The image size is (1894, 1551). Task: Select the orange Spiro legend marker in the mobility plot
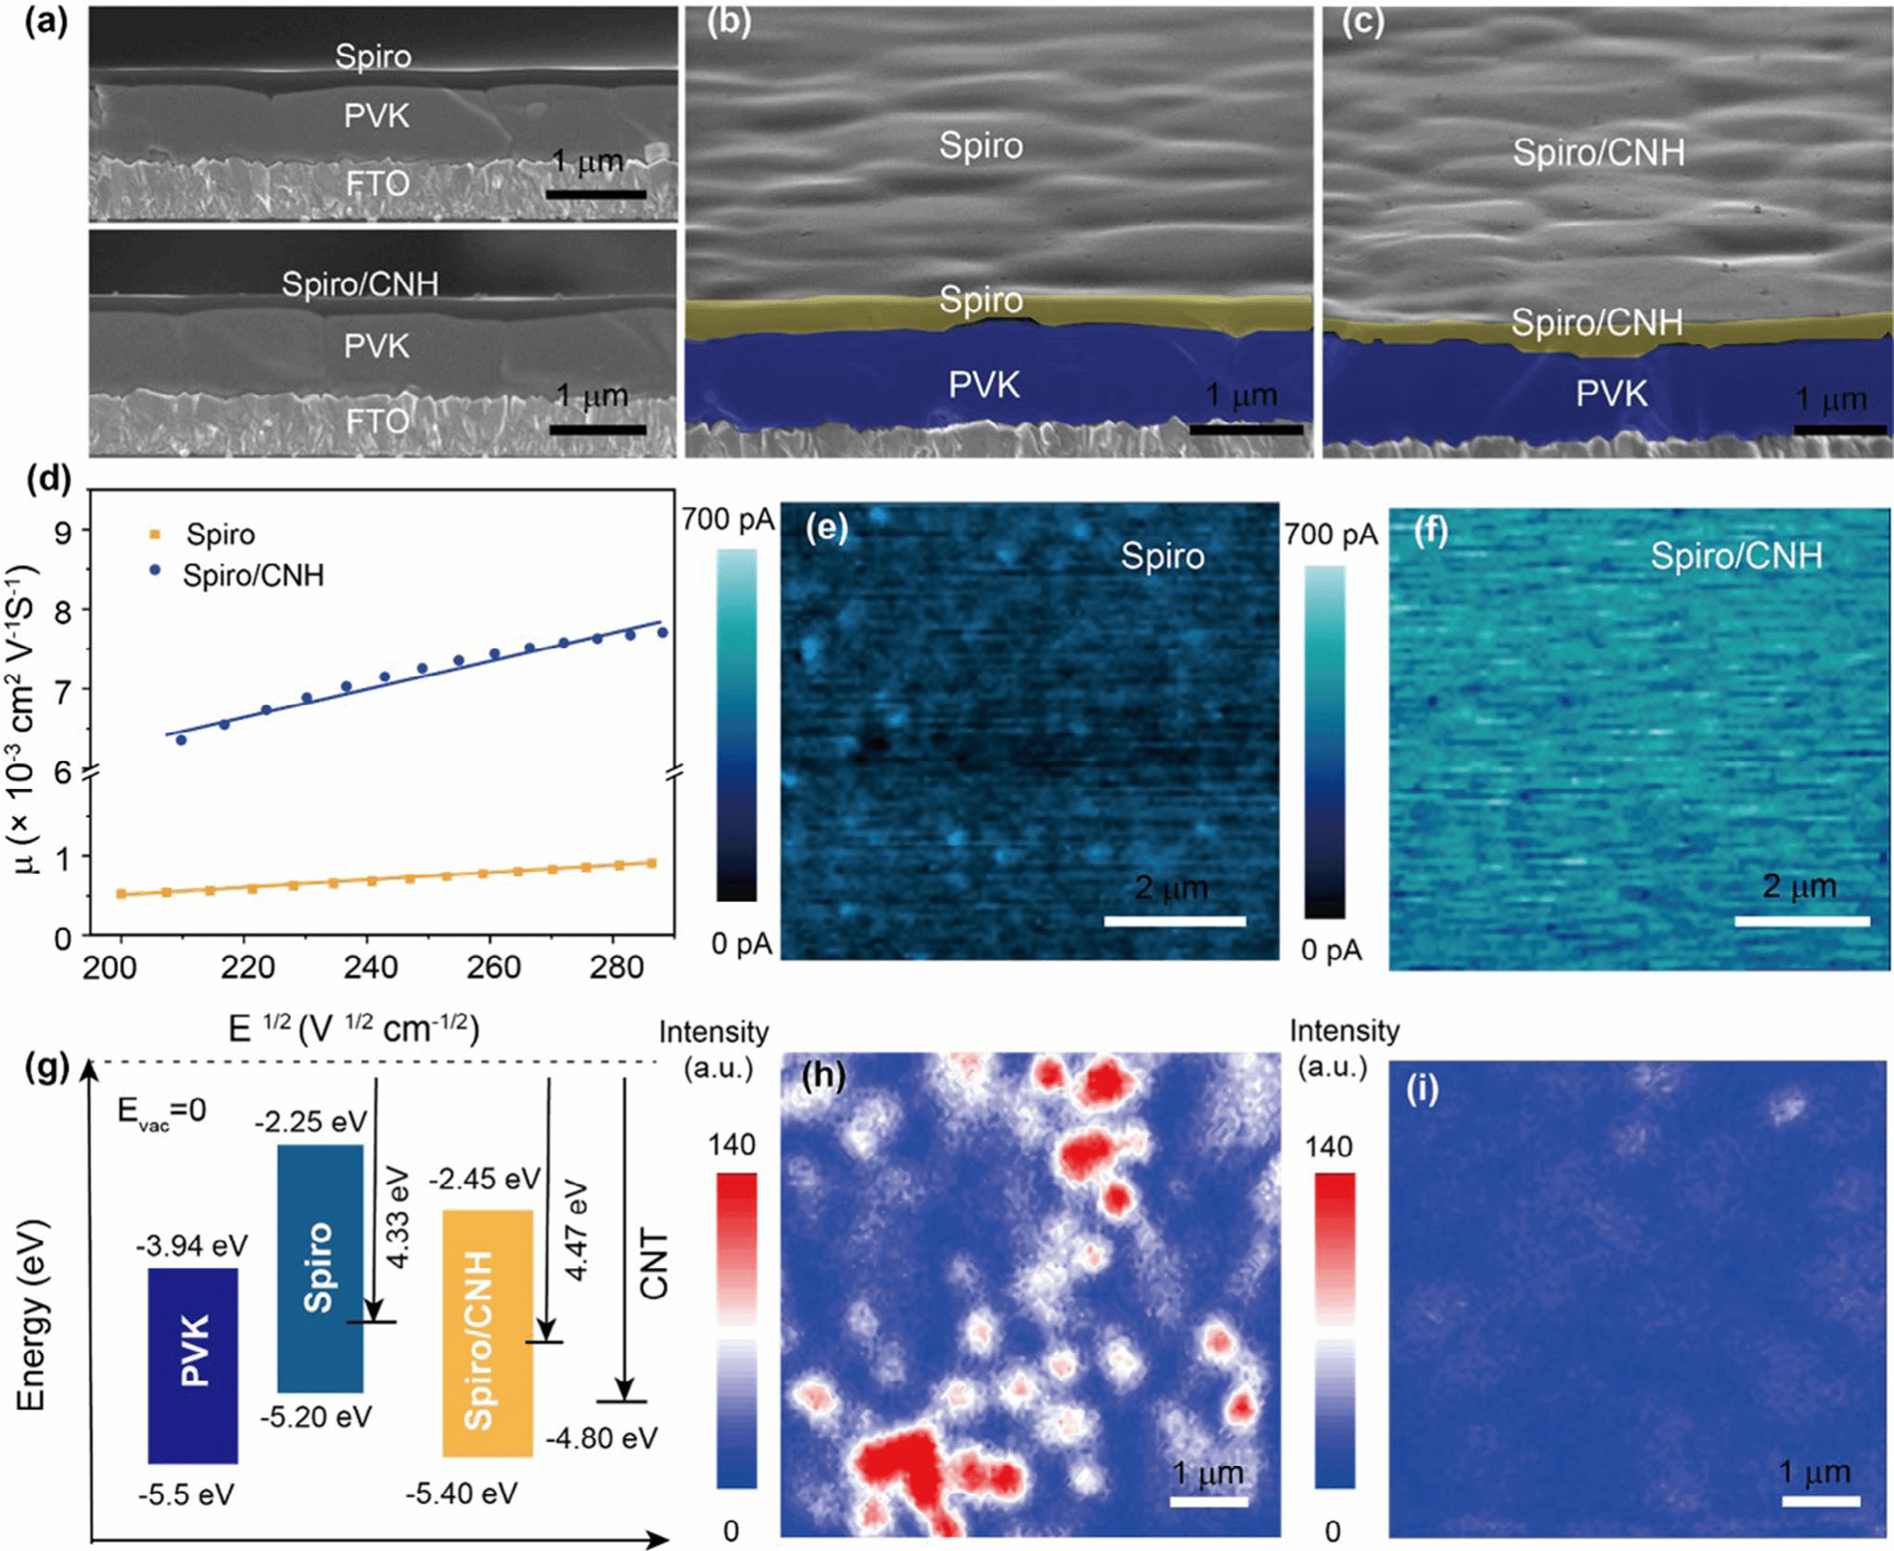coord(155,535)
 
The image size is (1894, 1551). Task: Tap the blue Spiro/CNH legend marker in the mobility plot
coord(155,572)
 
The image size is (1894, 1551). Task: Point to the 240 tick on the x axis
coord(370,966)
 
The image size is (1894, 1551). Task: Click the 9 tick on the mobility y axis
coord(62,532)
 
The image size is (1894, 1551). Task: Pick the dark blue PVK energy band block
coord(192,1365)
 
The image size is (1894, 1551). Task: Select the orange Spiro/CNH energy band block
coord(487,1333)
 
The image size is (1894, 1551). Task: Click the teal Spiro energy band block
coord(320,1268)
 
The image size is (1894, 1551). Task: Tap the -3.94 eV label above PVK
coord(192,1246)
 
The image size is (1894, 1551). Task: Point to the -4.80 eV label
coord(601,1438)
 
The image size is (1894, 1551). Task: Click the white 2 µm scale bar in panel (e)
coord(1175,921)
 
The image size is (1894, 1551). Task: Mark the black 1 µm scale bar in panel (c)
coord(1839,430)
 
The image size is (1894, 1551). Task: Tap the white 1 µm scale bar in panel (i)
coord(1820,1500)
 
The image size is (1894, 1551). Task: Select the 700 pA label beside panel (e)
coord(728,520)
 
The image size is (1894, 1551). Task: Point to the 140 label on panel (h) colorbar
coord(732,1145)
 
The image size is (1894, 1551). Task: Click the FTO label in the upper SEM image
coord(377,184)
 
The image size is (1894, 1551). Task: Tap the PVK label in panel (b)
coord(984,385)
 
